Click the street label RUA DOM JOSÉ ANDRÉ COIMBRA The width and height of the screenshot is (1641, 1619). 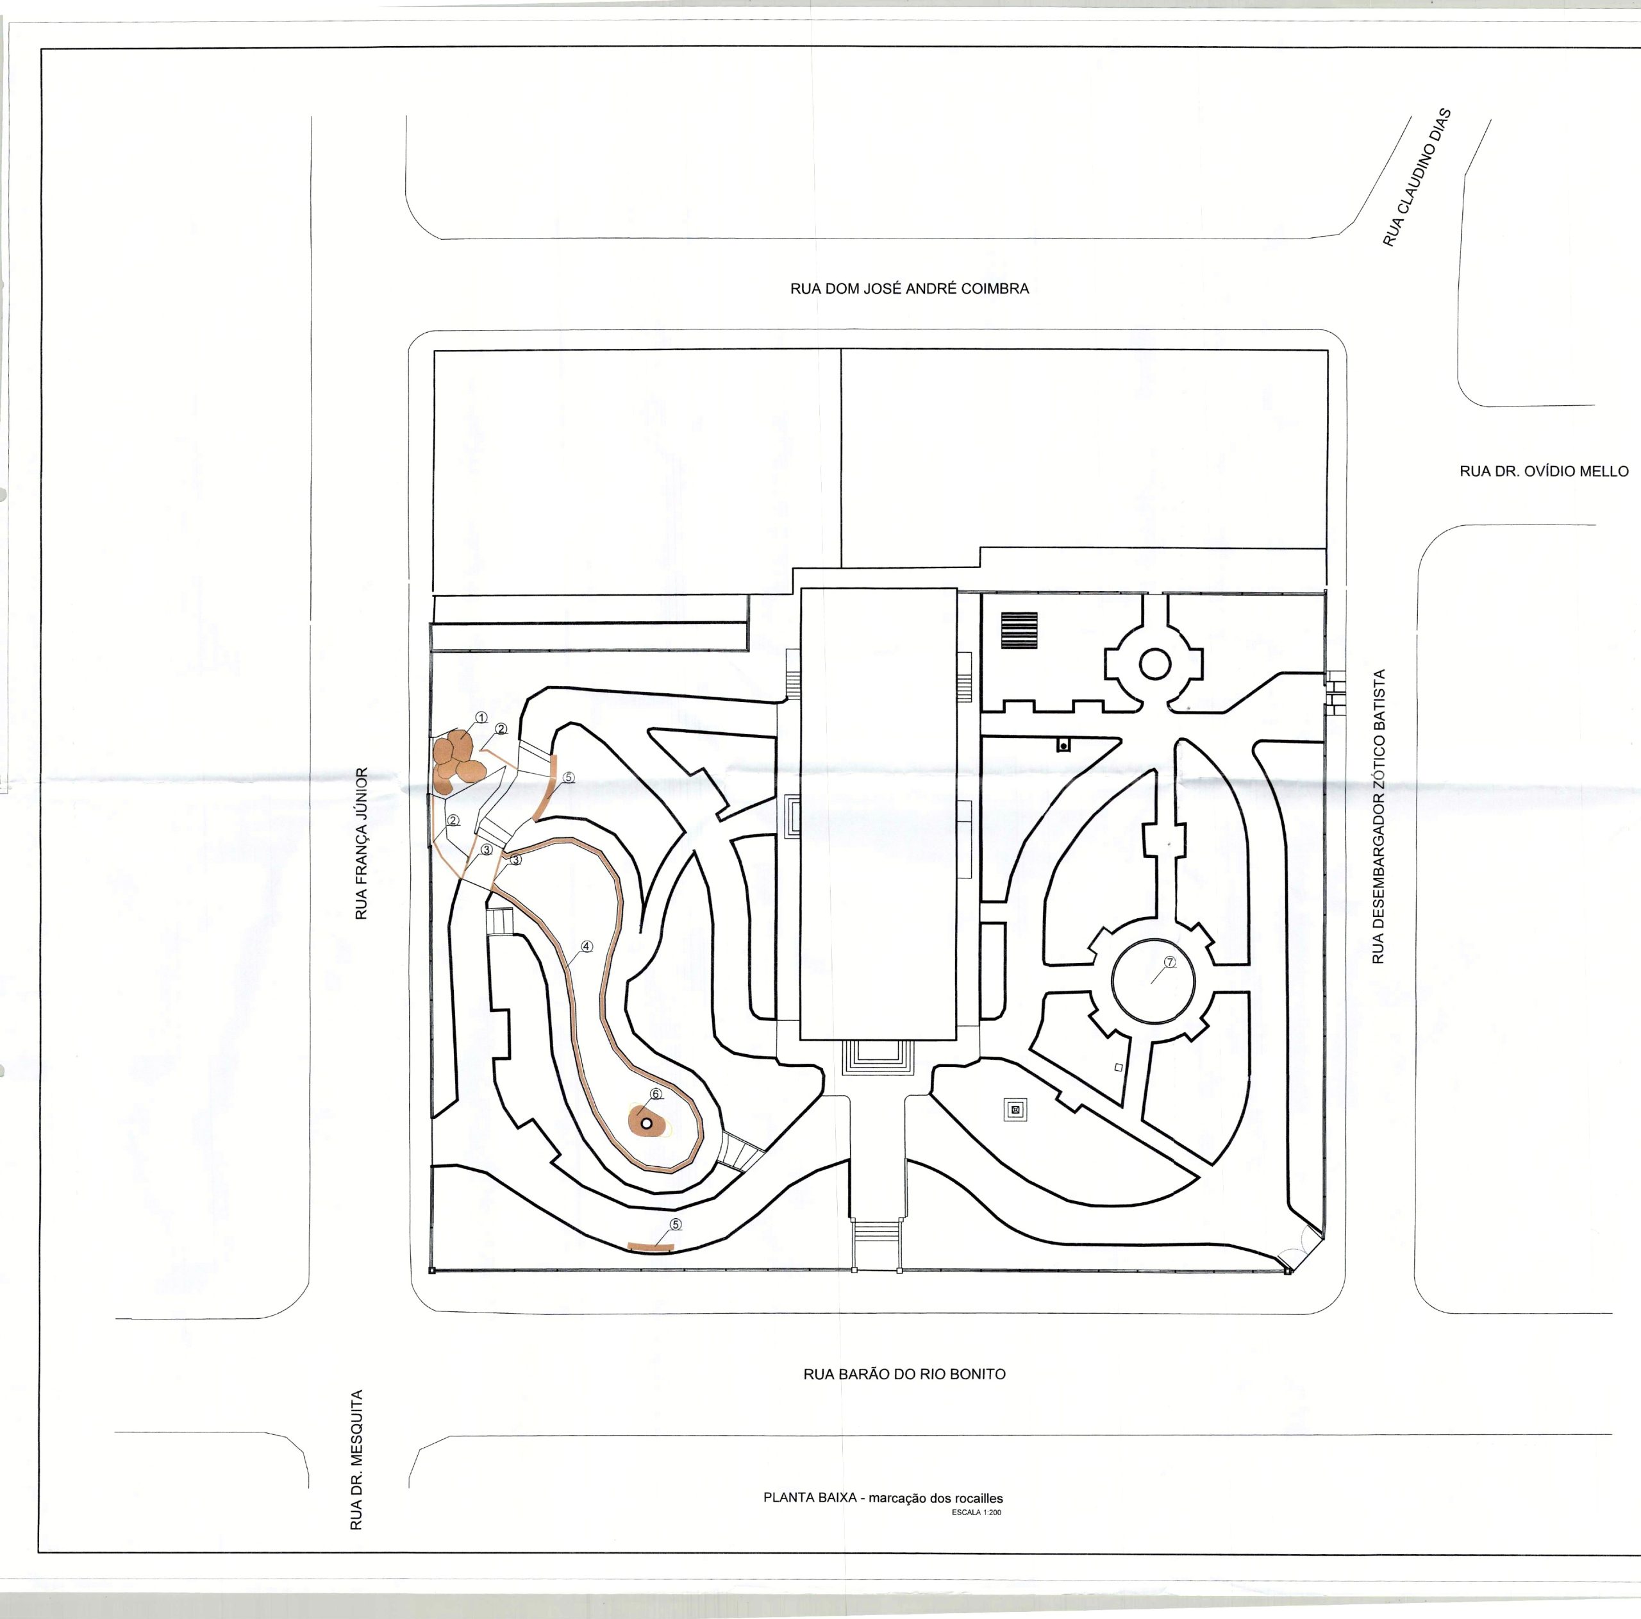pos(909,288)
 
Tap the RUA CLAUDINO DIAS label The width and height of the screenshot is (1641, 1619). pos(1417,178)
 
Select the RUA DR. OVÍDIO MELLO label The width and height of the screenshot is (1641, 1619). pos(1544,471)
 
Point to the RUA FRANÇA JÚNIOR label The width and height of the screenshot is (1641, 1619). pos(361,843)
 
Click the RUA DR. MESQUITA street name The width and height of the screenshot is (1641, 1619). pos(357,1460)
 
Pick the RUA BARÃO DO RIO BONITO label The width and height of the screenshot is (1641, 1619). pos(904,1373)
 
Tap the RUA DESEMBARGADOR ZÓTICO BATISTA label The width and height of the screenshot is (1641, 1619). pos(1379,816)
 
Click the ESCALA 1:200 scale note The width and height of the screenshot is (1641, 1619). pos(977,1513)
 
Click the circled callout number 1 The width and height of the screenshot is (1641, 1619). pos(481,717)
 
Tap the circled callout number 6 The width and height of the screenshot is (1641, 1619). pos(656,1093)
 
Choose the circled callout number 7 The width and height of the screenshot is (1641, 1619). pos(1170,962)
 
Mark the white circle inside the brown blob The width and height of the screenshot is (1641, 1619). pos(646,1123)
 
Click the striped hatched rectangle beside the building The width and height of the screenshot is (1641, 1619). pos(1019,630)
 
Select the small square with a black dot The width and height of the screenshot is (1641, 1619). pos(1063,745)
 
